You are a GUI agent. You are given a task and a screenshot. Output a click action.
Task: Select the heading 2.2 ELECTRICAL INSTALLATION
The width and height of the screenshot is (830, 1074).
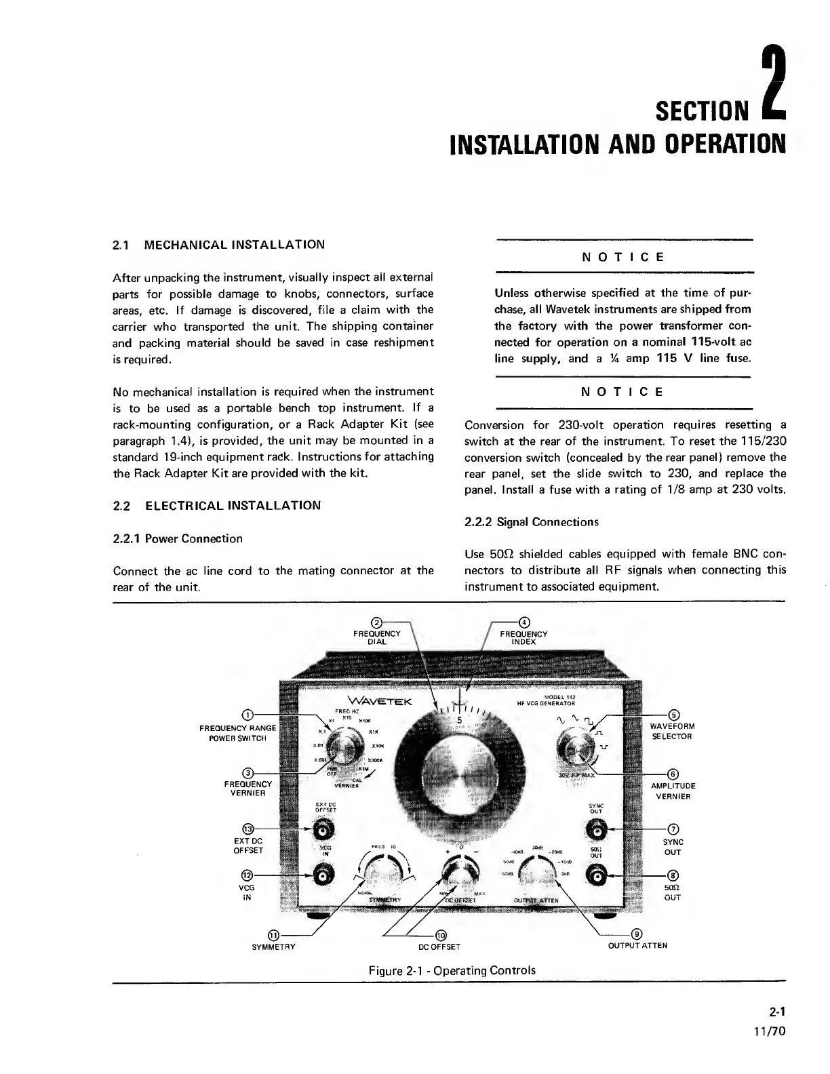coord(216,506)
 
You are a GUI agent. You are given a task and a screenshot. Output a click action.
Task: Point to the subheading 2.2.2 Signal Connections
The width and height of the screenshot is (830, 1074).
coord(531,522)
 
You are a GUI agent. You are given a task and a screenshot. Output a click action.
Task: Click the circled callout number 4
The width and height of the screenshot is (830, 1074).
coord(523,621)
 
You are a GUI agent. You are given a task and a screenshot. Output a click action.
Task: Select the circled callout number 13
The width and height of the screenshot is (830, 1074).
coord(248,829)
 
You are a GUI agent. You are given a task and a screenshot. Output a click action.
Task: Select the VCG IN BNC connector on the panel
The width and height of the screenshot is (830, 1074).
coord(323,876)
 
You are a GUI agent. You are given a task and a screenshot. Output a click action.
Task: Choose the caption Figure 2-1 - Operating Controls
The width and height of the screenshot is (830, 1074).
coord(452,970)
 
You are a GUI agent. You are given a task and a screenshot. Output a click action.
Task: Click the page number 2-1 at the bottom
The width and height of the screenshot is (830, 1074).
coord(777,1012)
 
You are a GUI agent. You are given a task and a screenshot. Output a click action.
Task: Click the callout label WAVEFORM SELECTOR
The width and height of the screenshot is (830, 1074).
coord(672,732)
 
